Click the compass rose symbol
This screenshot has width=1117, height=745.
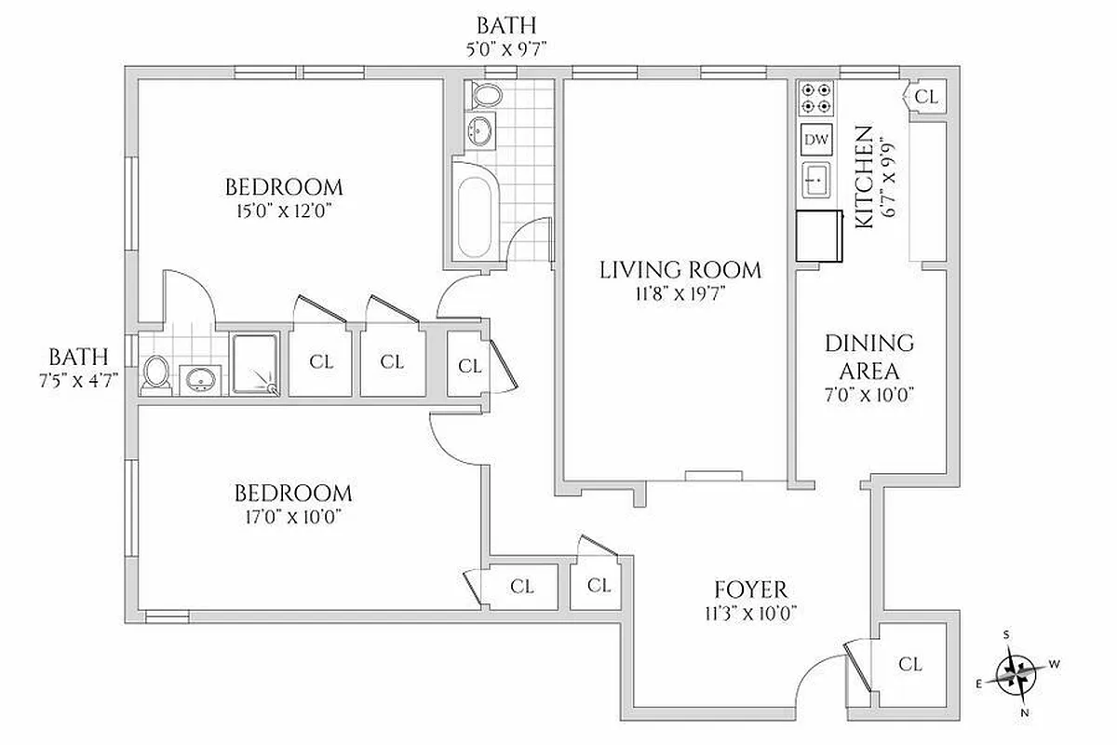pos(1017,672)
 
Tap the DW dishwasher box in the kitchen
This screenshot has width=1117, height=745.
pos(815,140)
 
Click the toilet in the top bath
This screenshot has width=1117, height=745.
pos(485,95)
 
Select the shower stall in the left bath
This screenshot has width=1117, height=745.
pos(254,364)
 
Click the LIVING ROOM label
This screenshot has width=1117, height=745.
pos(680,271)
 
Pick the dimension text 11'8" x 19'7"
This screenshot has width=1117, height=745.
pos(680,295)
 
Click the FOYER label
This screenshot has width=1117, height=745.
pos(750,589)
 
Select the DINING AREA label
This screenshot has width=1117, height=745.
pos(869,356)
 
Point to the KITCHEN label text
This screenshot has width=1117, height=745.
pos(864,177)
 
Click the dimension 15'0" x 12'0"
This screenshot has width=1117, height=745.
pos(284,210)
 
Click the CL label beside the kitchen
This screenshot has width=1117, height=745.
pos(926,97)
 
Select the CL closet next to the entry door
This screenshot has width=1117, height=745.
pos(910,664)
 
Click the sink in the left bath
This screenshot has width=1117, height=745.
pos(199,377)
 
